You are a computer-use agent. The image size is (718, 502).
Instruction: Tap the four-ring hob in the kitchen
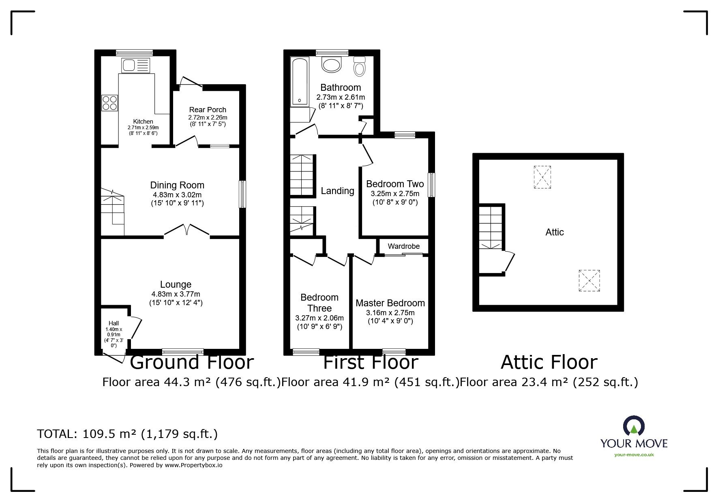(x=109, y=103)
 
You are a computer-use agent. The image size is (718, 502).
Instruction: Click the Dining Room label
(x=177, y=185)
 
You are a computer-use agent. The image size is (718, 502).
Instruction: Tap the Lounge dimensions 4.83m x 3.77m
(x=176, y=294)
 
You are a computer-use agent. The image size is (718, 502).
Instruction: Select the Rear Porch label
(x=208, y=110)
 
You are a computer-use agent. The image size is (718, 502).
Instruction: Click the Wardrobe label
(x=404, y=246)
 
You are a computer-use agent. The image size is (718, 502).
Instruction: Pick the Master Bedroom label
(x=390, y=303)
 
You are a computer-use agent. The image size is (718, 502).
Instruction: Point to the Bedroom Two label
(x=395, y=184)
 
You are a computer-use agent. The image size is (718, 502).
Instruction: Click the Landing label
(x=338, y=191)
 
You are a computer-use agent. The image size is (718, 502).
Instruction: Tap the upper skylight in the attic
(x=542, y=177)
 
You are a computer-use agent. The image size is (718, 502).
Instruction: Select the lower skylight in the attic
(x=589, y=281)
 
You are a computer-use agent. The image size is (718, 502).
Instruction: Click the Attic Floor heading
(x=549, y=362)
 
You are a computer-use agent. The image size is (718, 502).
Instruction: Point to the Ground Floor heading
(x=192, y=362)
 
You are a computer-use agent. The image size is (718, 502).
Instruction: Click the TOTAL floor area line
(x=127, y=434)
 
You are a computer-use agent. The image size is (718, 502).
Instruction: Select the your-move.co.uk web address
(x=634, y=455)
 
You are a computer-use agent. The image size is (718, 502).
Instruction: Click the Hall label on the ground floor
(x=114, y=323)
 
